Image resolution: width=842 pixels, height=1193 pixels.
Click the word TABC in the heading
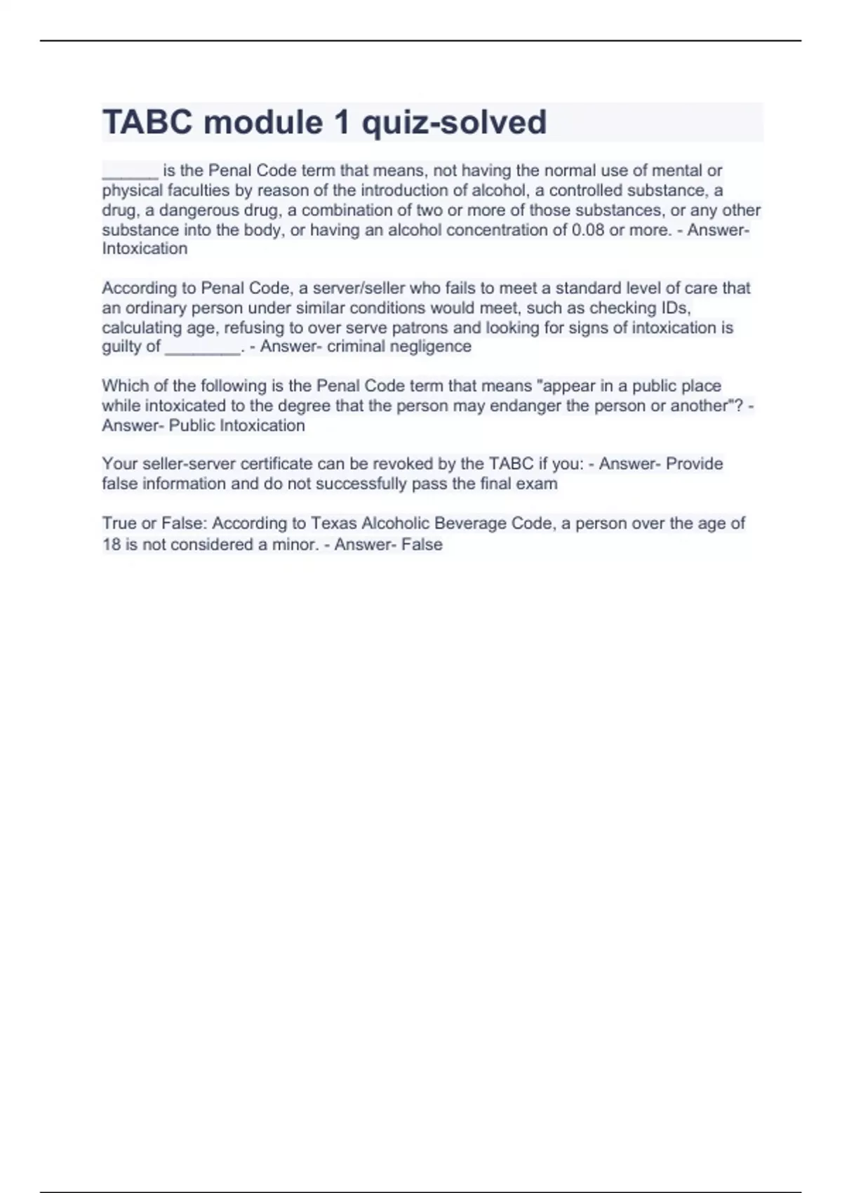[x=147, y=123]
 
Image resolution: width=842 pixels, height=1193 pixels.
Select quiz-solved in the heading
[x=453, y=123]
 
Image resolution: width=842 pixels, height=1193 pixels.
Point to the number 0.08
[x=588, y=230]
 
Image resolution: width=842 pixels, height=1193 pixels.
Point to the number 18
[x=112, y=545]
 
